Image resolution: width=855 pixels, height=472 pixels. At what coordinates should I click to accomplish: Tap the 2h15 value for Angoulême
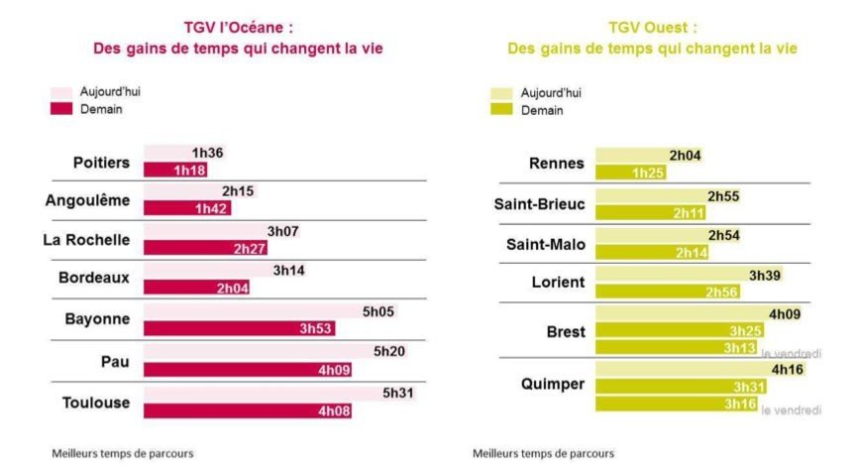pyautogui.click(x=237, y=190)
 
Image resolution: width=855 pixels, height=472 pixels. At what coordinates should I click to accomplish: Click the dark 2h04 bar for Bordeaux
pyautogui.click(x=196, y=288)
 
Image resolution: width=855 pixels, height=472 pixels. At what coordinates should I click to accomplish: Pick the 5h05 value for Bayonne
pyautogui.click(x=377, y=311)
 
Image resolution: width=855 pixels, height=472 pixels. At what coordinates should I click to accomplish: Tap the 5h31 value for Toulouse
pyautogui.click(x=399, y=393)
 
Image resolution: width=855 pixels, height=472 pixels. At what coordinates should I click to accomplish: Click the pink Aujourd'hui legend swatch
pyautogui.click(x=61, y=91)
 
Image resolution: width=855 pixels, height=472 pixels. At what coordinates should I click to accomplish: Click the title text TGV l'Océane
pyautogui.click(x=238, y=28)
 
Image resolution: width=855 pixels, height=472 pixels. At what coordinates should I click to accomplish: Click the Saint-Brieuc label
pyautogui.click(x=539, y=205)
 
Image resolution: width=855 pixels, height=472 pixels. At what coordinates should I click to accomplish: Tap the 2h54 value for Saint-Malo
pyautogui.click(x=722, y=236)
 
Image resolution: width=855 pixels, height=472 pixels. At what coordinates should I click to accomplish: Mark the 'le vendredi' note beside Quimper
pyautogui.click(x=791, y=410)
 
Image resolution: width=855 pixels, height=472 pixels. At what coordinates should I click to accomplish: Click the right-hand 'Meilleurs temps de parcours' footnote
pyautogui.click(x=542, y=453)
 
